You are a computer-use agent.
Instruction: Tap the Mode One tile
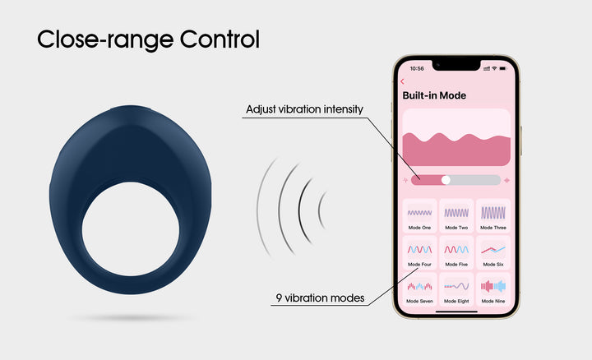click(419, 216)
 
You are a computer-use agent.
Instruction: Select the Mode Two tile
click(456, 216)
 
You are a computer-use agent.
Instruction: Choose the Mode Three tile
click(493, 216)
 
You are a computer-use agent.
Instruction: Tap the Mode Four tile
click(419, 252)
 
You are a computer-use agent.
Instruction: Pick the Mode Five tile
click(456, 252)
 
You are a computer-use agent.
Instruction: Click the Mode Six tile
click(493, 252)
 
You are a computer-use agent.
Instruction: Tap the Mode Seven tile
click(419, 289)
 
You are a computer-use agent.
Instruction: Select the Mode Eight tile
click(456, 289)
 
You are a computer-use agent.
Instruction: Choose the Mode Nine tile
click(493, 289)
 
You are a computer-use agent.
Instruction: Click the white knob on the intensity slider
click(446, 180)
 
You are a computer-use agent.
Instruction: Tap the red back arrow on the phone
click(402, 81)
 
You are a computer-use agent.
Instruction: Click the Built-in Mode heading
click(434, 95)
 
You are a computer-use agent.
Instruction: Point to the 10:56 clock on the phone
click(417, 69)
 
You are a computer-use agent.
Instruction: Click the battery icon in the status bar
click(503, 68)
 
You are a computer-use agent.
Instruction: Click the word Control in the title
click(220, 39)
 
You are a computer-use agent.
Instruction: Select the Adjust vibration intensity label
click(304, 109)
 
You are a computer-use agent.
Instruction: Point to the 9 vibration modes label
click(320, 298)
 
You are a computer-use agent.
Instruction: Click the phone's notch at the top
click(456, 65)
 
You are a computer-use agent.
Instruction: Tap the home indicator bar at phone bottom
click(456, 312)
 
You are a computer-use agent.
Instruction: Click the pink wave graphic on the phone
click(456, 150)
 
